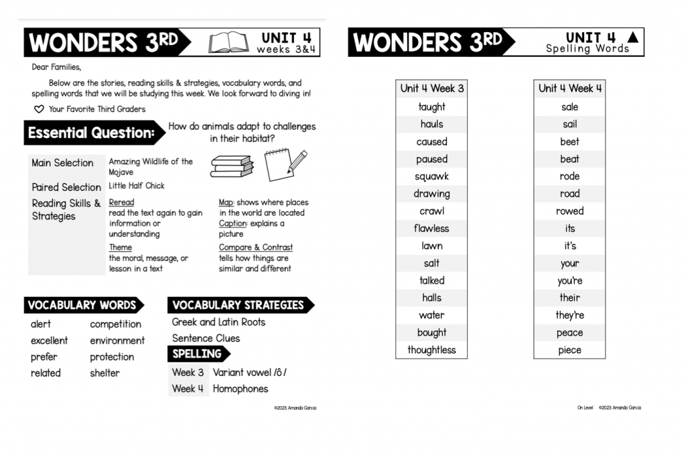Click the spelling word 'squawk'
click(431, 176)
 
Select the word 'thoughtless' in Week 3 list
click(431, 350)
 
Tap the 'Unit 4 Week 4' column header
click(569, 88)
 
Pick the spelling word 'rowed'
click(569, 211)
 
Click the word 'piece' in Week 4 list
click(569, 350)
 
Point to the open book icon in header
click(228, 43)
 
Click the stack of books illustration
click(232, 166)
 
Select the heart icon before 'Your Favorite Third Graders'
click(39, 109)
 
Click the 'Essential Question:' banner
click(92, 133)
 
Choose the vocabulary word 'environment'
click(117, 340)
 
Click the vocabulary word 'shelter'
click(105, 373)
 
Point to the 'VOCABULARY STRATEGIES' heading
click(238, 305)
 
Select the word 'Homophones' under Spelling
click(240, 389)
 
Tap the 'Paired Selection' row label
click(66, 187)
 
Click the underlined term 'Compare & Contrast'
click(255, 247)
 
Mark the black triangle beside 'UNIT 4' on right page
click(632, 38)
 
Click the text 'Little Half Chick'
click(136, 186)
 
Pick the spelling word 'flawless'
click(431, 228)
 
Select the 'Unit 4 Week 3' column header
click(431, 88)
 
